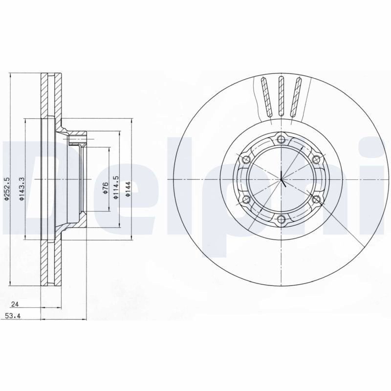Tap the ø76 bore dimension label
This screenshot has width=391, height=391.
105,188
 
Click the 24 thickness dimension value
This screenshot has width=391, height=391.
16,304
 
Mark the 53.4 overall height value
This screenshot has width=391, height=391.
13,316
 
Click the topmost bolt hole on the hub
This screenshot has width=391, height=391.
282,139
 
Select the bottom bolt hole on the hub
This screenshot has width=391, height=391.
282,219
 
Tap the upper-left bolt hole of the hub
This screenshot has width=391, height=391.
246,159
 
